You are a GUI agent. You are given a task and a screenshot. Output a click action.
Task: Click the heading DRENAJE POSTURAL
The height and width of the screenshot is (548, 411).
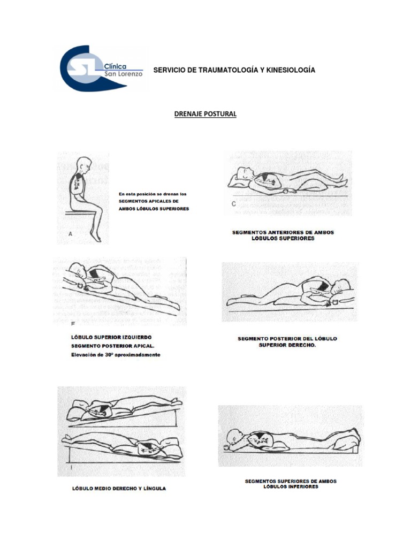pyautogui.click(x=205, y=115)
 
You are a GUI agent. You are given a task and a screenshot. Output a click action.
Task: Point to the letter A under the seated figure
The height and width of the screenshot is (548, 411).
pyautogui.click(x=70, y=234)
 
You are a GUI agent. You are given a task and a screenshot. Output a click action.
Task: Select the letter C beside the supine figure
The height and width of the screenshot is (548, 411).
pyautogui.click(x=234, y=203)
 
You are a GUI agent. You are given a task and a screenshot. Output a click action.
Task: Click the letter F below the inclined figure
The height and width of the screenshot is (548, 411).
pyautogui.click(x=73, y=324)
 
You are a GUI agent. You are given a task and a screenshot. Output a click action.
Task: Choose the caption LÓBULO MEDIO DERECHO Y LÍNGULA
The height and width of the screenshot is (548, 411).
pyautogui.click(x=118, y=489)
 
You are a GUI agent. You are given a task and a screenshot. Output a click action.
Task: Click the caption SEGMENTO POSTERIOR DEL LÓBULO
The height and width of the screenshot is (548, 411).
pyautogui.click(x=287, y=339)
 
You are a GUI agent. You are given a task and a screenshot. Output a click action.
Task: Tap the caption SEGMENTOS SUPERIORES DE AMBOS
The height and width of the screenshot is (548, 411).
pyautogui.click(x=291, y=481)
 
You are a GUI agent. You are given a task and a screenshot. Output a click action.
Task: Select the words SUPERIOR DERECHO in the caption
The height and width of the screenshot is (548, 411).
pyautogui.click(x=287, y=346)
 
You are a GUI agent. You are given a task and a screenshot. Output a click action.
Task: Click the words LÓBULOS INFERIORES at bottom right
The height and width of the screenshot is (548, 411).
pyautogui.click(x=291, y=487)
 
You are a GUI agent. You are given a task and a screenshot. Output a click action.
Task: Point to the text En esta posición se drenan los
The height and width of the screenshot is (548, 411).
pyautogui.click(x=153, y=193)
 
